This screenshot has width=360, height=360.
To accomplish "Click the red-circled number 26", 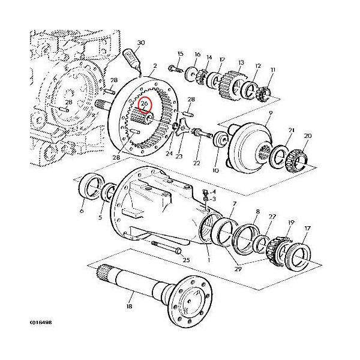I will (x=144, y=104).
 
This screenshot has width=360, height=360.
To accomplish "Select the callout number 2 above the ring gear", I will (x=154, y=66).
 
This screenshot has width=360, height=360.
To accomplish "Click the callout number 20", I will (x=307, y=136).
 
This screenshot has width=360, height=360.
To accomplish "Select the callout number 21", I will (x=291, y=131).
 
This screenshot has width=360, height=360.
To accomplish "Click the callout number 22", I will (x=197, y=163).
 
